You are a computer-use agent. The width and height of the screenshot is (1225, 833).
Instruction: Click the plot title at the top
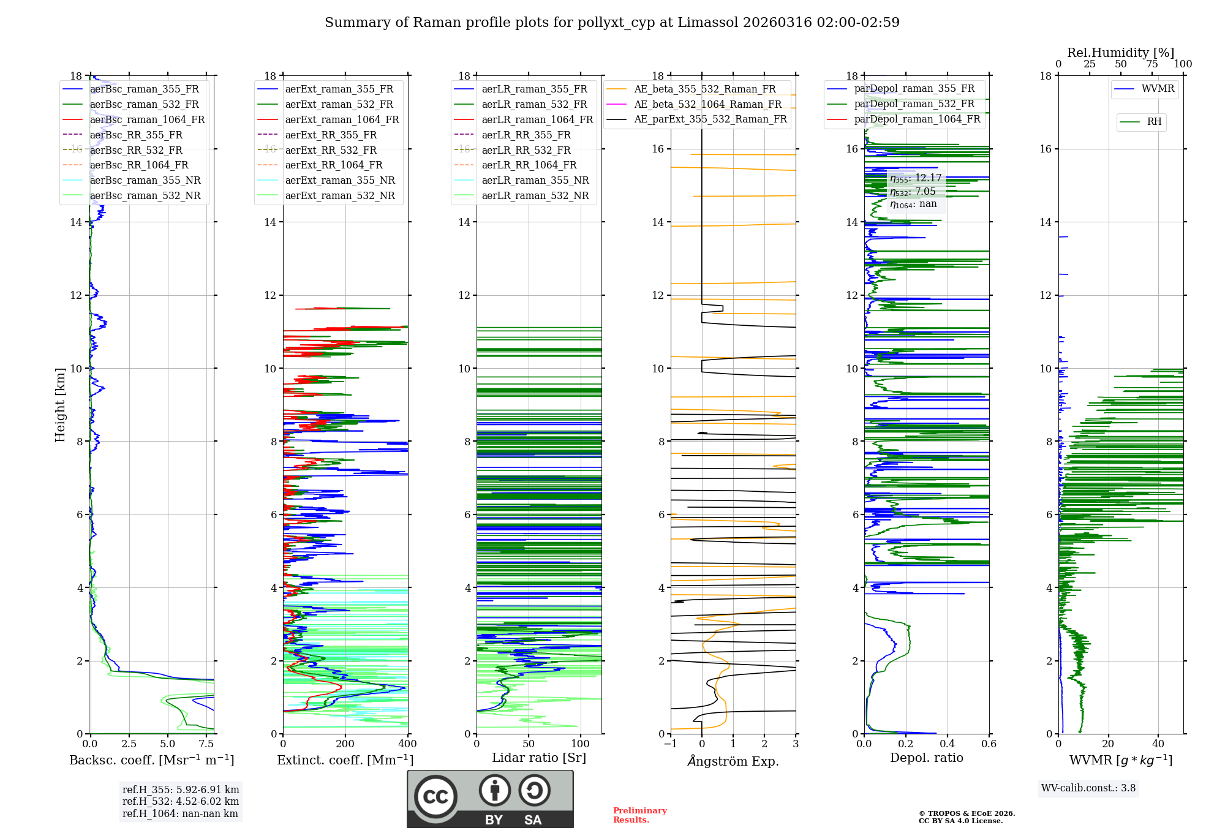[x=612, y=23]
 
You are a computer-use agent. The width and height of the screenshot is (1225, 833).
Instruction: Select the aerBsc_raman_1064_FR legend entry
[x=147, y=119]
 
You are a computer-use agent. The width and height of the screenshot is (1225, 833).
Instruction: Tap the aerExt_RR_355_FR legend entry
[x=331, y=135]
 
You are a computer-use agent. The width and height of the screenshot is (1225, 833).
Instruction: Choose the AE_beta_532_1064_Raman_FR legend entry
[x=707, y=104]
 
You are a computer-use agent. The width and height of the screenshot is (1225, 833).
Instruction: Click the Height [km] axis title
[x=60, y=404]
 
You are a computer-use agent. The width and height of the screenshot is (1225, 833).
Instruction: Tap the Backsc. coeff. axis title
[x=151, y=760]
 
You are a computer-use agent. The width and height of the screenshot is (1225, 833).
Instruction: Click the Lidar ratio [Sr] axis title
[x=539, y=758]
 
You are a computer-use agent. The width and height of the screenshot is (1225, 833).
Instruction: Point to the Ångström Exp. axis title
[x=733, y=761]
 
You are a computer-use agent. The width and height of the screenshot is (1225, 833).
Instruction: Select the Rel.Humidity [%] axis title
[x=1120, y=53]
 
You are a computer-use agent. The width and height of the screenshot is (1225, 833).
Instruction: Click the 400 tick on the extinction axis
[x=407, y=744]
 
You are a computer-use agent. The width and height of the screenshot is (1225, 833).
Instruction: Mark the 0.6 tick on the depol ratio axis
[x=989, y=744]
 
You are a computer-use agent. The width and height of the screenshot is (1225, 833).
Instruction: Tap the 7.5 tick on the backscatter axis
[x=206, y=744]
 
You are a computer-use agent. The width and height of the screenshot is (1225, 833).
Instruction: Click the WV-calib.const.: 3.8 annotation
[x=1088, y=788]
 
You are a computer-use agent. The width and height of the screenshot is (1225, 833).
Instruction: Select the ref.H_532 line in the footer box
[x=181, y=801]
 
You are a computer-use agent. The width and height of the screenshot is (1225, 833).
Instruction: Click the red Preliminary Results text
[x=639, y=815]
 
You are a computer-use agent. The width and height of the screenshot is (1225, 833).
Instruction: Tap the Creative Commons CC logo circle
[x=435, y=797]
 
